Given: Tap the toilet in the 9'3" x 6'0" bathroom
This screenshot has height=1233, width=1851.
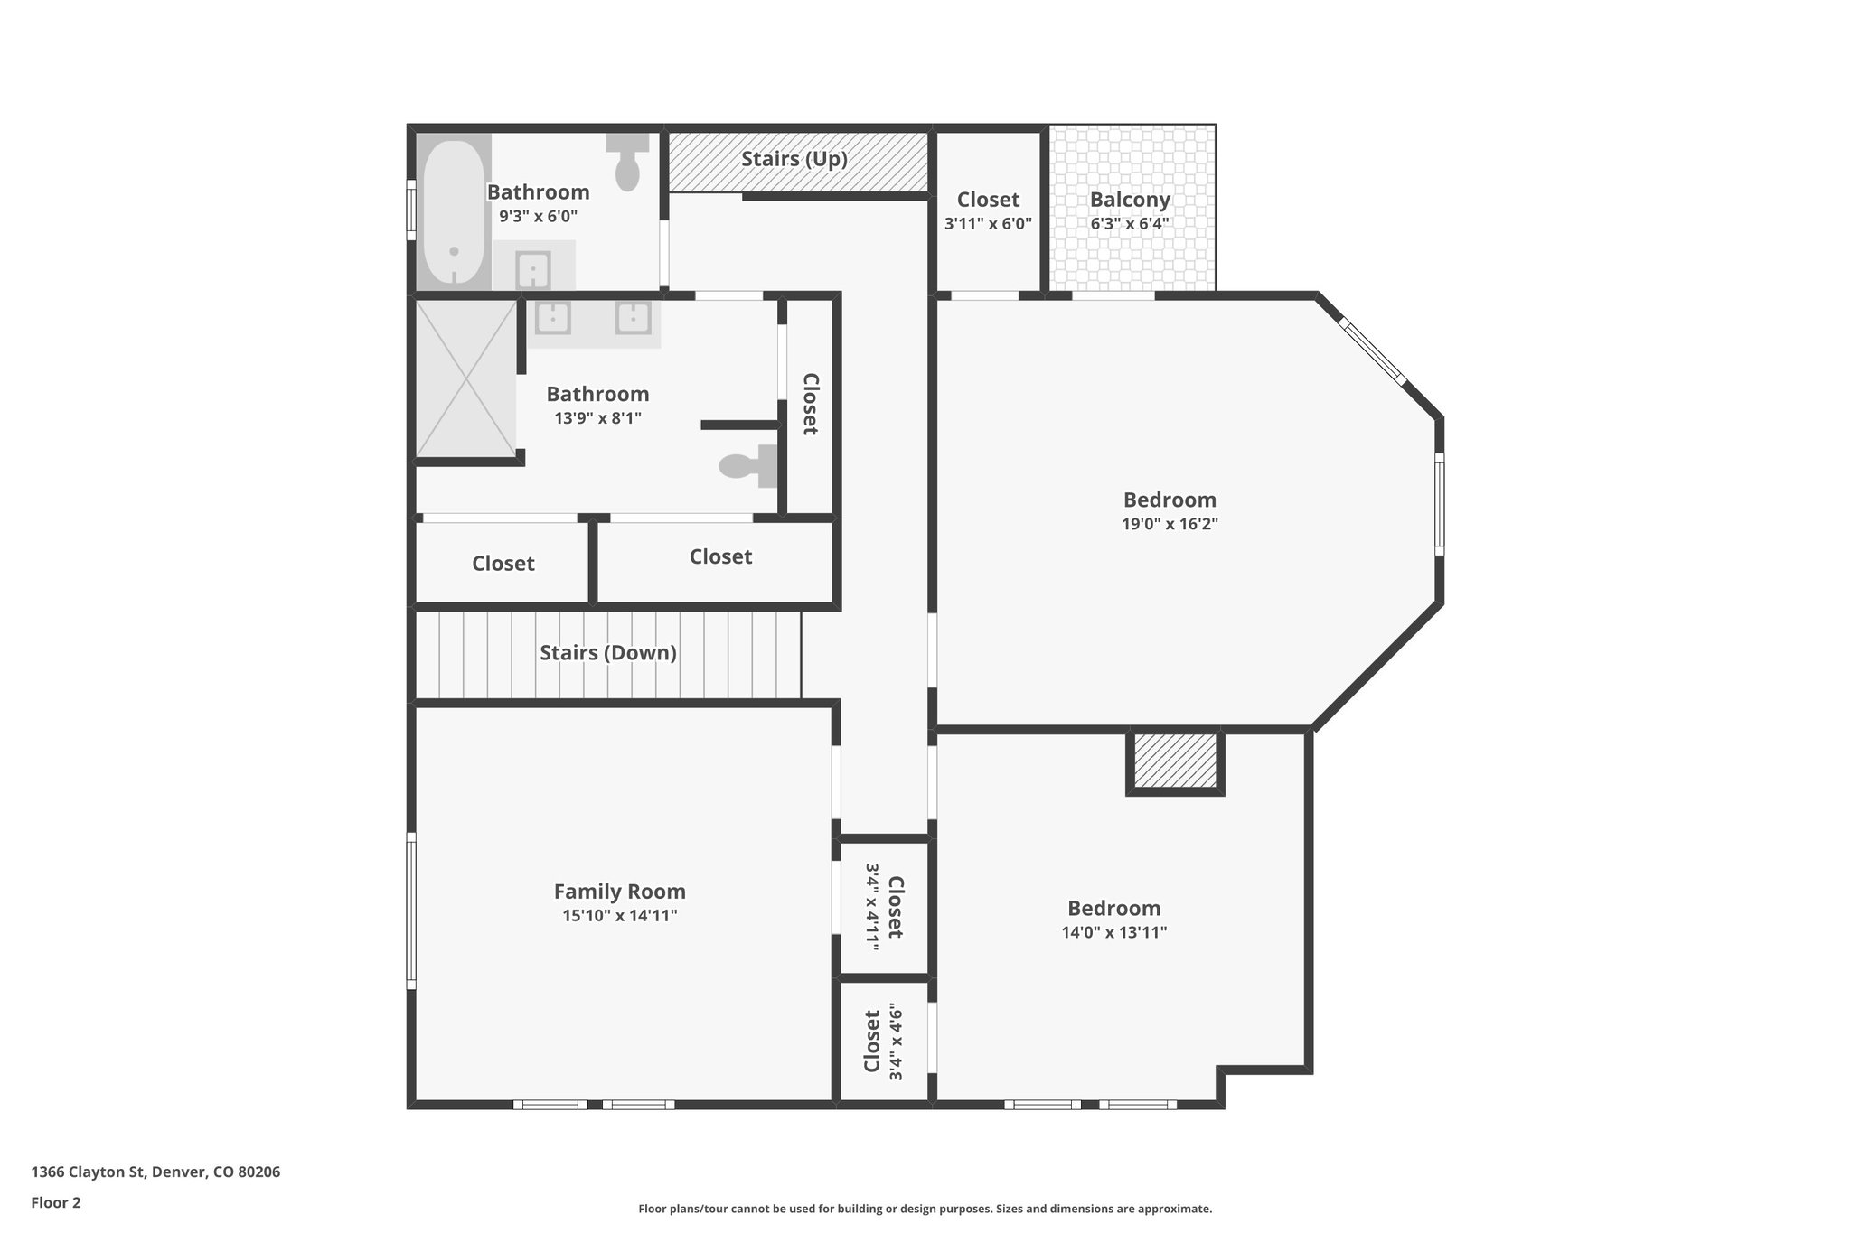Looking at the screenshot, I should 627,163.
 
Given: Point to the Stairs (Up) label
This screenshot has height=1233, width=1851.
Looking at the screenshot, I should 794,160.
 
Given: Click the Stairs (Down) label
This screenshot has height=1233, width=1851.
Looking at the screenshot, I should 607,653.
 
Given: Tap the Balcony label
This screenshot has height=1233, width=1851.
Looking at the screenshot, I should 1130,200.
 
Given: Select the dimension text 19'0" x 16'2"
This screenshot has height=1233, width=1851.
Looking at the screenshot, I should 1170,524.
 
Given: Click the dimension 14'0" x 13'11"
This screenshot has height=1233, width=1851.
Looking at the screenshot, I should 1113,932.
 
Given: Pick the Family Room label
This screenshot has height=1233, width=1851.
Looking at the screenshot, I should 619,892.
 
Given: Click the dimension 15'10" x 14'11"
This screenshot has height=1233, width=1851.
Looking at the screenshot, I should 619,916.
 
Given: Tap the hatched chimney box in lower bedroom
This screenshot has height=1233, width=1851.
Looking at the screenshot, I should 1175,761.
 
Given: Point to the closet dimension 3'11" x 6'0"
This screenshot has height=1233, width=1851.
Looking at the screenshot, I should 988,224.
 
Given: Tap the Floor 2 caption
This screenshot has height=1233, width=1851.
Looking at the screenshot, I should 56,1202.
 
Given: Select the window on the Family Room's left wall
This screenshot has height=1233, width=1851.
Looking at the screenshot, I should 411,910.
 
